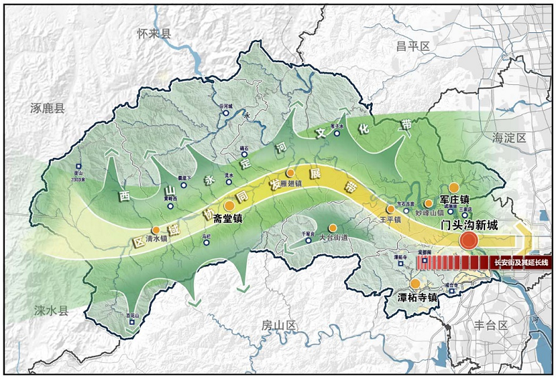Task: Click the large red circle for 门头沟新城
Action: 469,241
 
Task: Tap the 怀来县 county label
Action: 155,34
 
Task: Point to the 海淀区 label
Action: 509,137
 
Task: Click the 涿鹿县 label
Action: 47,109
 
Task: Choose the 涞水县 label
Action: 50,311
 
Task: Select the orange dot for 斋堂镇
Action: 229,206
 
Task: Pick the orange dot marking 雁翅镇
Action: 290,174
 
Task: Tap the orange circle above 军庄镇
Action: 454,188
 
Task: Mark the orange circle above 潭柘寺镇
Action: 414,284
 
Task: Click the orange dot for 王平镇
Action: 390,209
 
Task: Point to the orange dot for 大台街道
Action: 332,228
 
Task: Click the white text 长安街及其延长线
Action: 521,263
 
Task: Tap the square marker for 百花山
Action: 131,321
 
